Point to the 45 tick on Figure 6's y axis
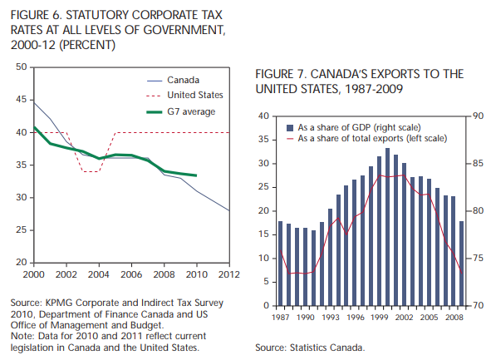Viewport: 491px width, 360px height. click(x=22, y=100)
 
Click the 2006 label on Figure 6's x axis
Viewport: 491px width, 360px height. click(x=131, y=274)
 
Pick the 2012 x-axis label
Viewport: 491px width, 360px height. click(x=229, y=274)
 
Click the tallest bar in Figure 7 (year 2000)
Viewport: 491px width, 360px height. click(x=387, y=227)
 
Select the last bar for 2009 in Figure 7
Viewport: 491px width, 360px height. click(x=461, y=264)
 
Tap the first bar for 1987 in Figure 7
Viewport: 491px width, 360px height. click(x=280, y=264)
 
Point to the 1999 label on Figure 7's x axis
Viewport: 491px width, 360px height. click(x=379, y=318)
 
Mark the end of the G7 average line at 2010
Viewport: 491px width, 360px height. click(x=196, y=175)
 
